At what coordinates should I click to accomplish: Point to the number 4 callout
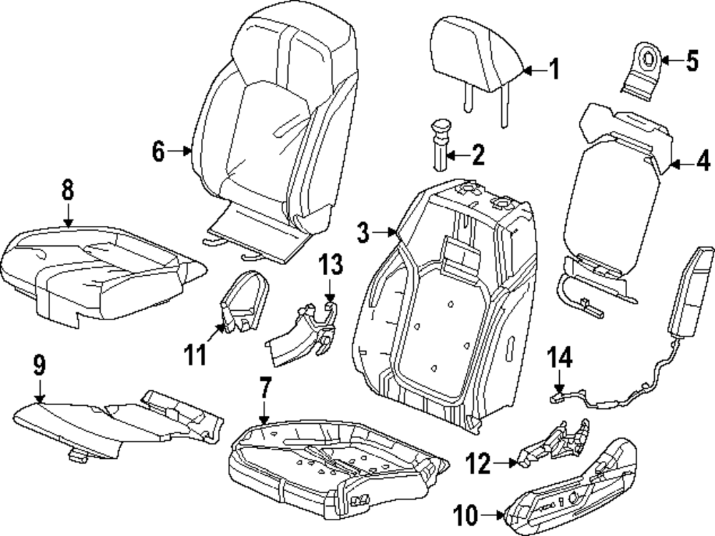pyautogui.click(x=704, y=160)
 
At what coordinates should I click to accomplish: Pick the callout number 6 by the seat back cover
pyautogui.click(x=158, y=151)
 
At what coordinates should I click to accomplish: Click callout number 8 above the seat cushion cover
pyautogui.click(x=67, y=191)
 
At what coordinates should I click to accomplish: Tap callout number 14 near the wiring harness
pyautogui.click(x=560, y=356)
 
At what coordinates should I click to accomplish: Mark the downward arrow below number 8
pyautogui.click(x=67, y=215)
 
